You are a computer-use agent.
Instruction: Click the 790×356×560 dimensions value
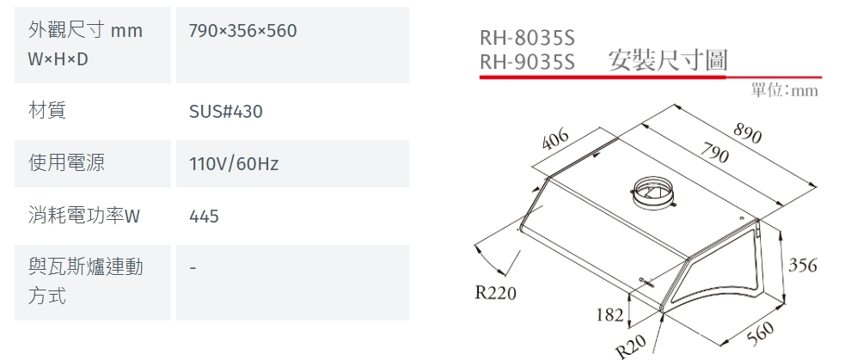pyautogui.click(x=242, y=32)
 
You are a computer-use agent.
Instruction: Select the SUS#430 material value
pyautogui.click(x=225, y=112)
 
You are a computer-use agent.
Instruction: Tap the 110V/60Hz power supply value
pyautogui.click(x=234, y=163)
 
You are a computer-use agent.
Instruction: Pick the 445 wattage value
pyautogui.click(x=204, y=217)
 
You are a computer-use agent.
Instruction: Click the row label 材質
pyautogui.click(x=48, y=110)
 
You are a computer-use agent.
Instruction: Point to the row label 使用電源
pyautogui.click(x=66, y=162)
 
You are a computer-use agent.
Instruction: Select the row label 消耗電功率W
pyautogui.click(x=83, y=217)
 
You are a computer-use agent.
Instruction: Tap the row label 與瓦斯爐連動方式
pyautogui.click(x=85, y=282)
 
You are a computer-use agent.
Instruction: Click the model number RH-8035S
pyautogui.click(x=526, y=39)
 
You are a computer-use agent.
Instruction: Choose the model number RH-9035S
pyautogui.click(x=526, y=61)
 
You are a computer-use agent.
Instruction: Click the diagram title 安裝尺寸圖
pyautogui.click(x=667, y=60)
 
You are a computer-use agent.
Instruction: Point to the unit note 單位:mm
pyautogui.click(x=784, y=90)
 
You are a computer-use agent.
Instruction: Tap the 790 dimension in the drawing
pyautogui.click(x=714, y=156)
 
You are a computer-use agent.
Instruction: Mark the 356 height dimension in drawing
pyautogui.click(x=803, y=265)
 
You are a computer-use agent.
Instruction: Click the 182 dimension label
pyautogui.click(x=609, y=314)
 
